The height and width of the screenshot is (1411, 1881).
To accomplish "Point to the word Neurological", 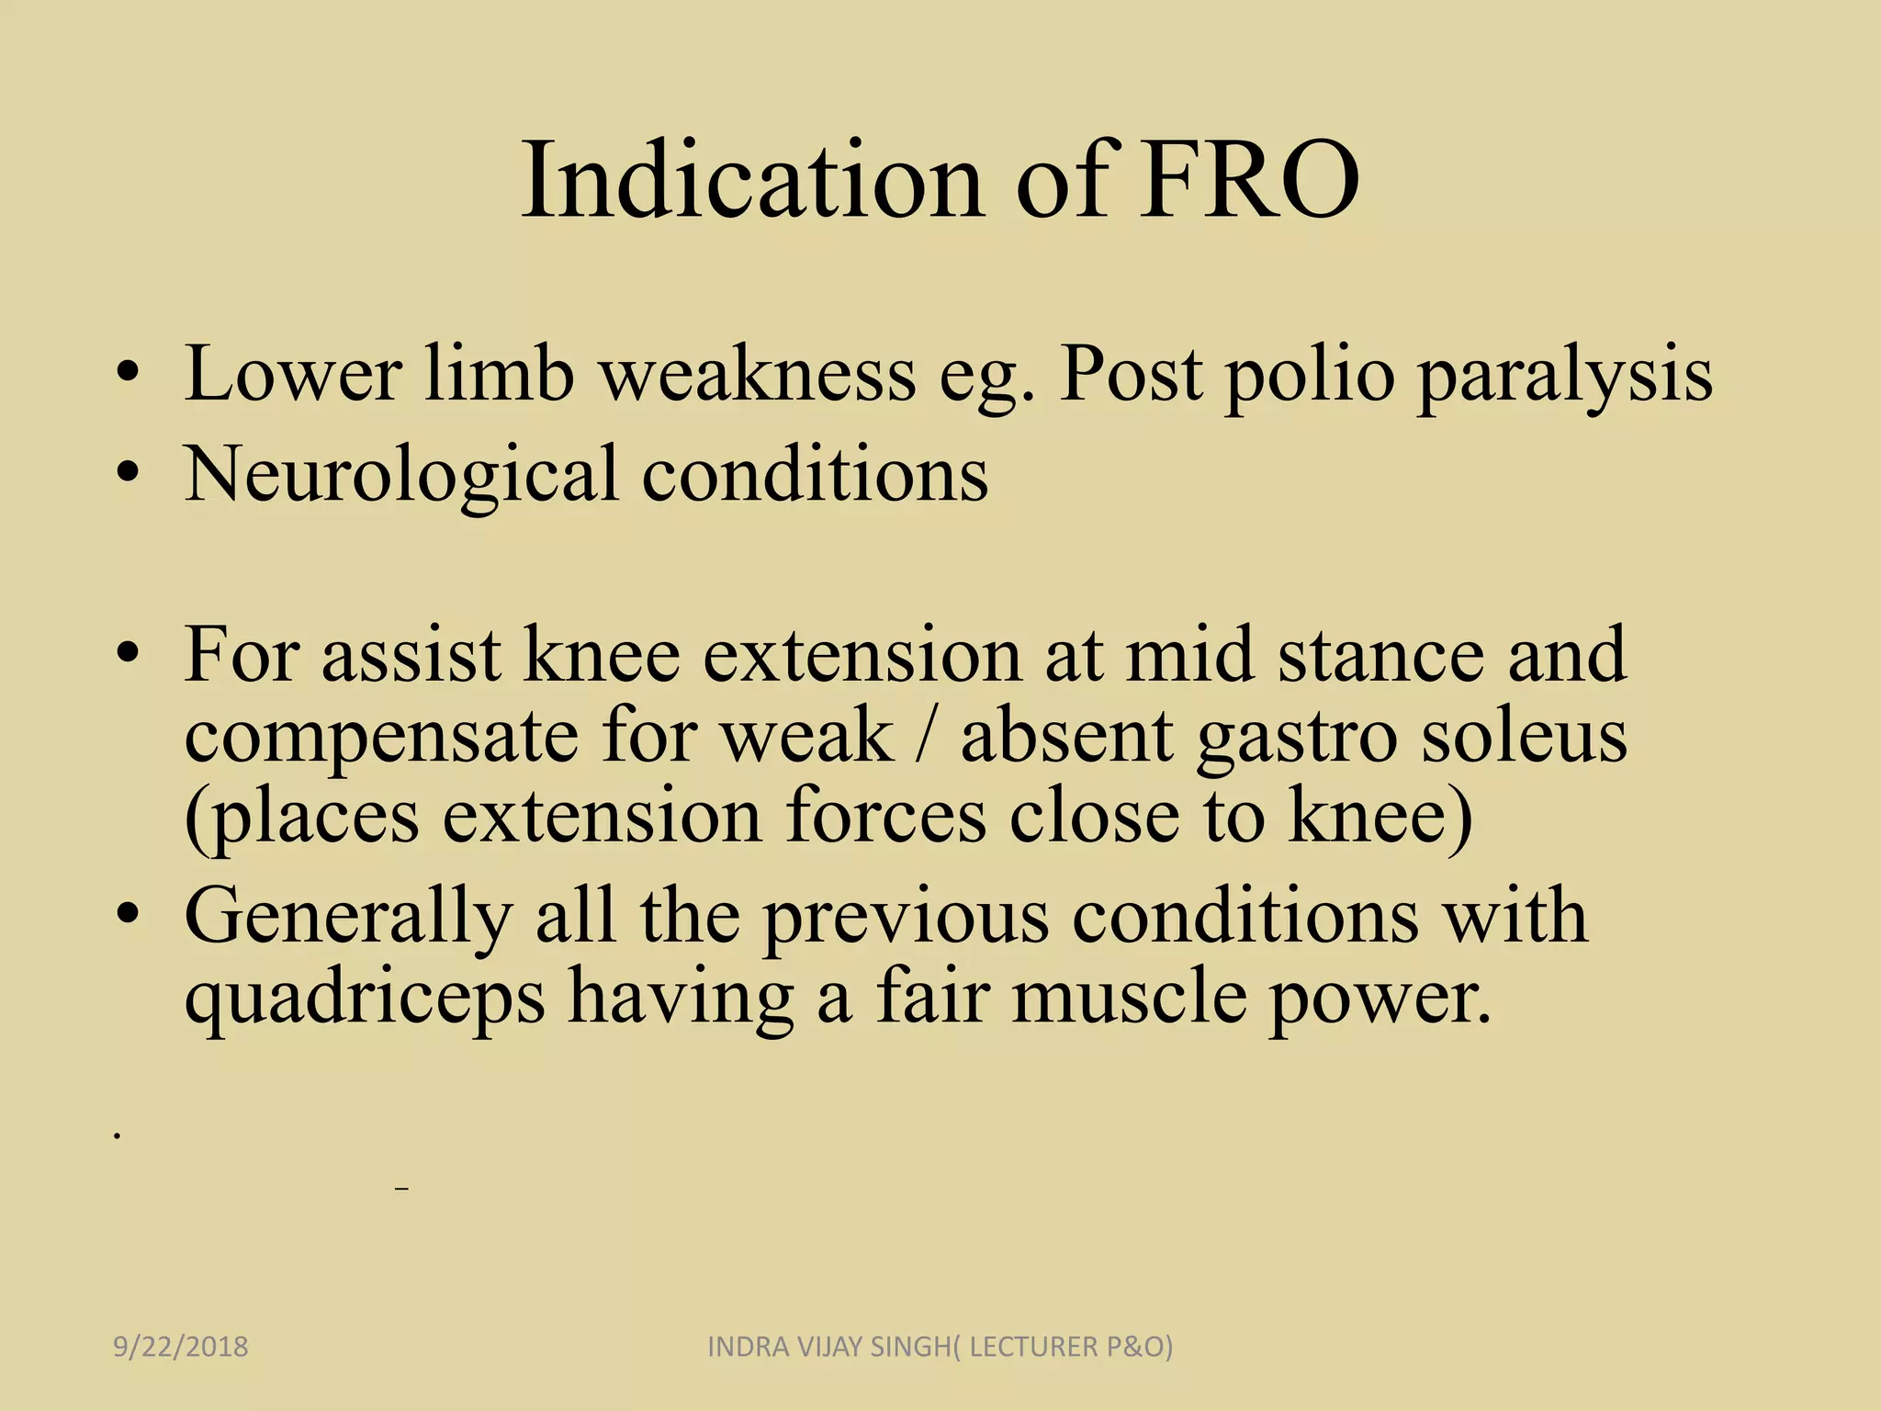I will pyautogui.click(x=400, y=475).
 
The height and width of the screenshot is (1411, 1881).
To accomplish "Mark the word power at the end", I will pyautogui.click(x=1380, y=999).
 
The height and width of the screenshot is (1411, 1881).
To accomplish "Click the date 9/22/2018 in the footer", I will pyautogui.click(x=181, y=1347).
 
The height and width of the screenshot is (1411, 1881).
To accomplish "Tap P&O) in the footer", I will pyautogui.click(x=1140, y=1347).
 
